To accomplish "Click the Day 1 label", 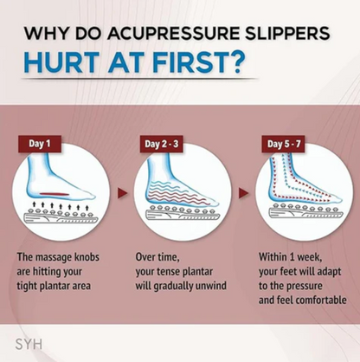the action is (x=40, y=144).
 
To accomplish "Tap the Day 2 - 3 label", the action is (x=162, y=144).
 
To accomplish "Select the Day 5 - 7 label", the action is (x=284, y=144).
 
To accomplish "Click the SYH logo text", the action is (x=29, y=344).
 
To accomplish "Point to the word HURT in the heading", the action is (x=62, y=63).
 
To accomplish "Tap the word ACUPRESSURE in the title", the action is (x=173, y=33).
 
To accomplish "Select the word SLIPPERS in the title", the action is (x=287, y=33).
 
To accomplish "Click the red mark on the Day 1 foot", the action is (x=55, y=194).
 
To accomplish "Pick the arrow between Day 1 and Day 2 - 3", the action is (x=122, y=193).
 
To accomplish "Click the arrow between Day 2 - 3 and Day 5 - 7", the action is (x=243, y=193).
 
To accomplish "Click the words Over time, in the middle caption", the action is (x=157, y=257).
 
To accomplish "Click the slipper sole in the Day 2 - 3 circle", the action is (x=182, y=214).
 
